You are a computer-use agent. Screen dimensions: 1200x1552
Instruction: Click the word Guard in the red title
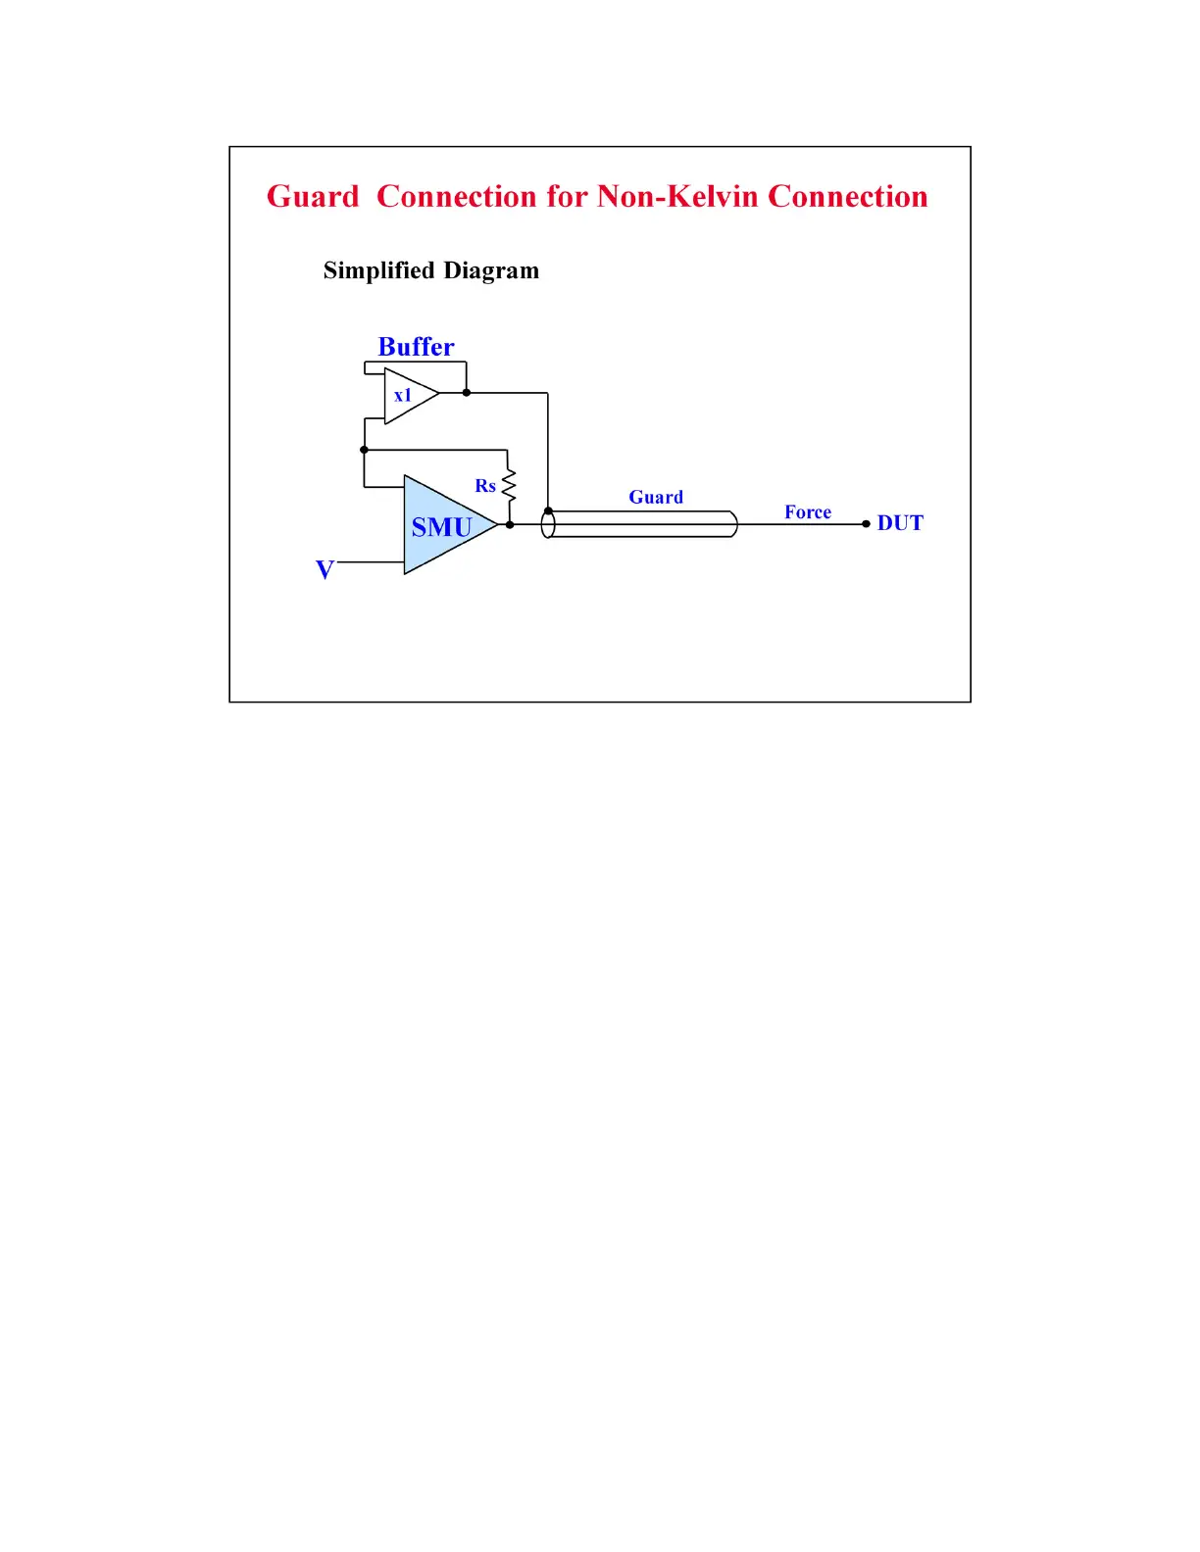coord(313,197)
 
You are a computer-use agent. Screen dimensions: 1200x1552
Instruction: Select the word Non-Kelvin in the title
coord(677,197)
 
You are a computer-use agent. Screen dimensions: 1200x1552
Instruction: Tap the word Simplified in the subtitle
coord(378,270)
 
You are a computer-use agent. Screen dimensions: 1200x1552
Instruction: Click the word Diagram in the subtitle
coord(491,271)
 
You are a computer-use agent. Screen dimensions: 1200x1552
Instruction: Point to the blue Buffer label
coord(416,347)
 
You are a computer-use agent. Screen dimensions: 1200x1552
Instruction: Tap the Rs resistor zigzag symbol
coord(509,485)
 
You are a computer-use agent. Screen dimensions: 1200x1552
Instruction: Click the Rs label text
coord(485,486)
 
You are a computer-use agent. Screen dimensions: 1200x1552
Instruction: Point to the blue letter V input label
coord(325,569)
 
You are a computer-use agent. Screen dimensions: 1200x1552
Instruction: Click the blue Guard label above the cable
coord(656,498)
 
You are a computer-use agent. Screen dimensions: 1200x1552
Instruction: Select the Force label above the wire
coord(808,512)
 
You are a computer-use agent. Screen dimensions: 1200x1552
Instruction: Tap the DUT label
coord(900,523)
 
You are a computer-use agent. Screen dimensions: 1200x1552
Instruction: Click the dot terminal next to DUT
coord(866,524)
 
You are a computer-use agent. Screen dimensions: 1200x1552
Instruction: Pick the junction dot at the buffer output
coord(467,393)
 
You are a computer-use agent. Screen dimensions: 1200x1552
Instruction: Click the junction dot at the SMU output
coord(510,524)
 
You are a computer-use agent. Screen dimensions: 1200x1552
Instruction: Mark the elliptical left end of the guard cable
coord(548,524)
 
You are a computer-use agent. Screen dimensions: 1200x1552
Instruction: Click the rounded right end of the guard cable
coord(732,524)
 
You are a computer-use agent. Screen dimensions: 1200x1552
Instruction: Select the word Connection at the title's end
coord(847,197)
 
